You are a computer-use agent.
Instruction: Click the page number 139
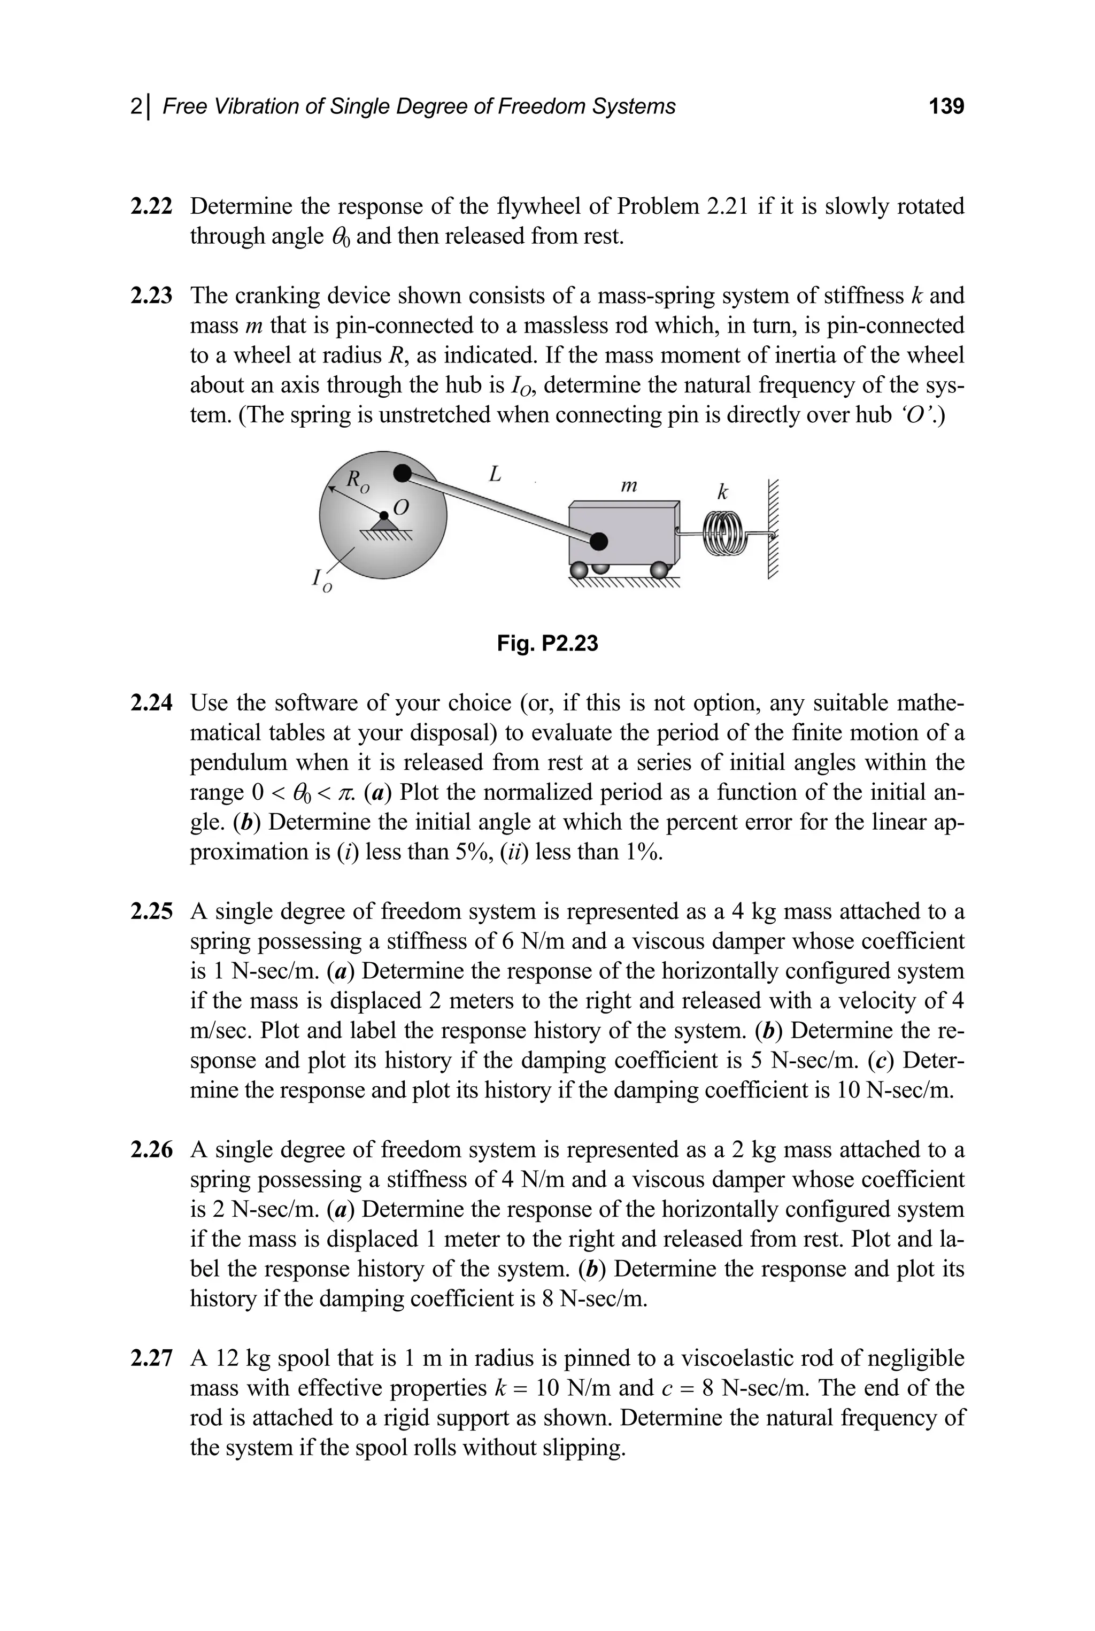tap(946, 106)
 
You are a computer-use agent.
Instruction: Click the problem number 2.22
tap(151, 207)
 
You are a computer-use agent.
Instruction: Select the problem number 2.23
tap(151, 296)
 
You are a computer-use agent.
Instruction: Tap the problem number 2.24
tap(151, 702)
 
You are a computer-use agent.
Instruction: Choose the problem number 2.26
tap(151, 1150)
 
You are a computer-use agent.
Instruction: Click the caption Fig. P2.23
tap(547, 643)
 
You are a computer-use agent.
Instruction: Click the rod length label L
tap(495, 475)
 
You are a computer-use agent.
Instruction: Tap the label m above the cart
tap(629, 484)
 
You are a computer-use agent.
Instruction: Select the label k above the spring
tap(723, 492)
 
